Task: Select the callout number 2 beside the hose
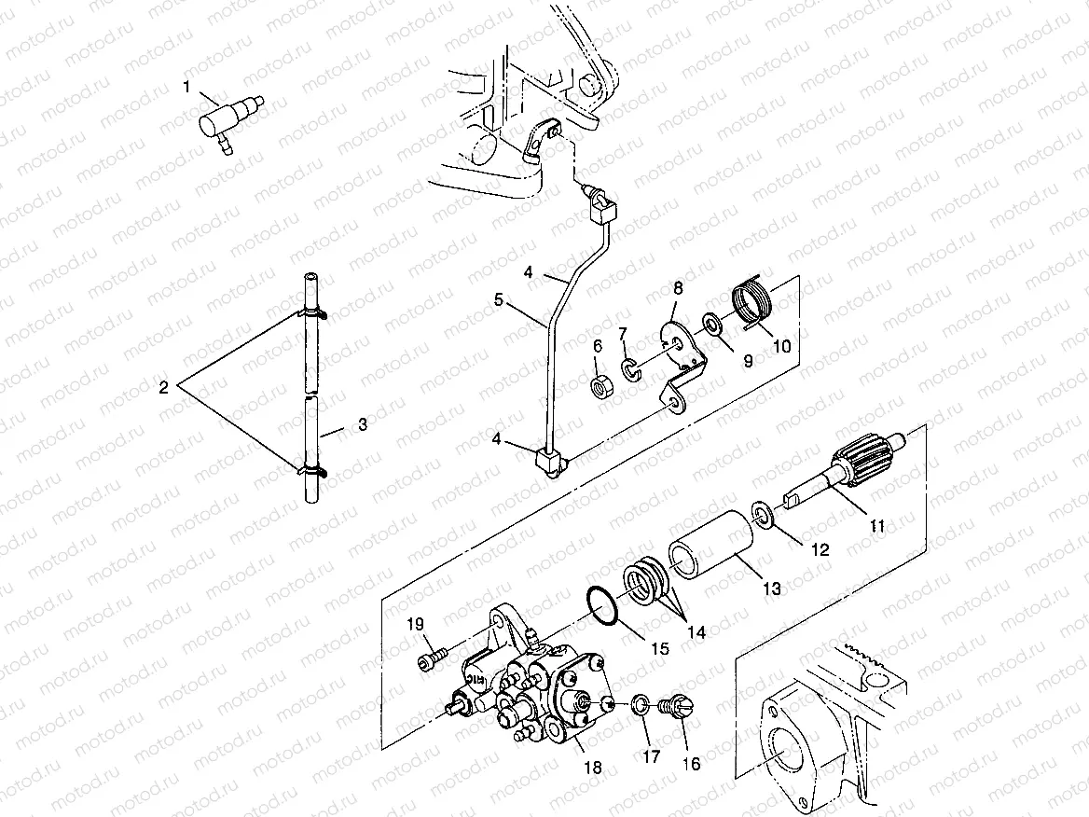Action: (163, 387)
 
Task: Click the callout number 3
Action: (363, 424)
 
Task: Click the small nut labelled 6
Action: (601, 383)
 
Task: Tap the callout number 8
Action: (678, 288)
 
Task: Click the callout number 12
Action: (820, 549)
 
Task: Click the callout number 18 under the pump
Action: (592, 768)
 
